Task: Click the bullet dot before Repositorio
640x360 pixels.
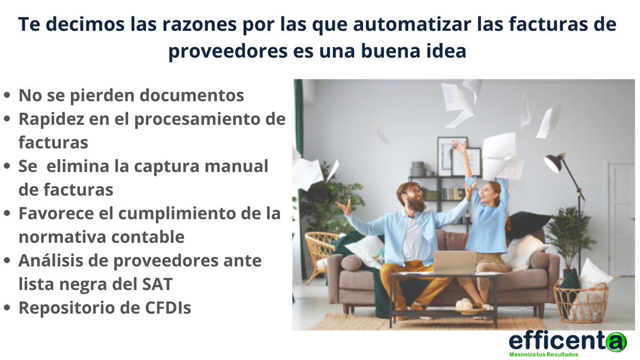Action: coord(7,308)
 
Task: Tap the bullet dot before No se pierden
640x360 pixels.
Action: coord(7,96)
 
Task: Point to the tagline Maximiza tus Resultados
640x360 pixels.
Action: coord(543,355)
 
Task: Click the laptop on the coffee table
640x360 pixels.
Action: coord(454,262)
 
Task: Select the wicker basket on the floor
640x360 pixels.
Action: coord(581,302)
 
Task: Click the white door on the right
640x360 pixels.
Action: coord(621,219)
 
